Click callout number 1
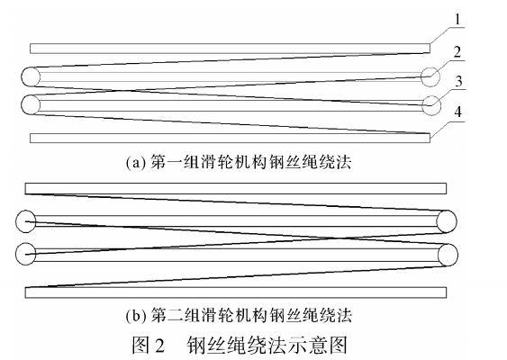click(x=461, y=18)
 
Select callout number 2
click(x=461, y=51)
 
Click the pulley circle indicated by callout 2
click(x=430, y=77)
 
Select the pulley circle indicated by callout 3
click(x=430, y=104)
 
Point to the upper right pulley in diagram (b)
click(x=446, y=221)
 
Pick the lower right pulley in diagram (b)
click(x=446, y=255)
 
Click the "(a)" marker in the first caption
click(x=136, y=164)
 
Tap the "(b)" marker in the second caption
click(x=136, y=316)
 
